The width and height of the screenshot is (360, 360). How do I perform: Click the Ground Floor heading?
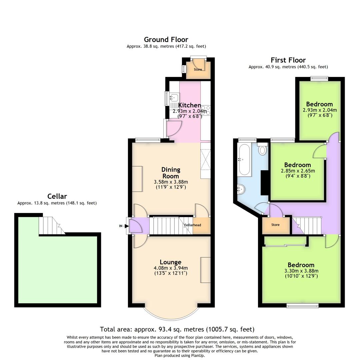coord(166,40)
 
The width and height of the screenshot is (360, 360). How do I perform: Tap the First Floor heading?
coord(288,60)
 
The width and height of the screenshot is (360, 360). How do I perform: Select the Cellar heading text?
coord(57,196)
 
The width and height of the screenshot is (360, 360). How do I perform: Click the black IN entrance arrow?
coord(126,226)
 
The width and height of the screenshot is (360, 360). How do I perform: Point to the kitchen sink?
coord(174,98)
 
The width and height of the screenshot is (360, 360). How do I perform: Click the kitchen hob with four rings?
coord(206,110)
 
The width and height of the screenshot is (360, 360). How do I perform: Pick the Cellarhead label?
coord(192,225)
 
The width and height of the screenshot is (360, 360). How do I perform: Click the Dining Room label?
coord(171,173)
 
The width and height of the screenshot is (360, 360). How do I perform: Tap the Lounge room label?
coord(171,262)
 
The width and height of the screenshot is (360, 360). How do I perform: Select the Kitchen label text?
coord(190,105)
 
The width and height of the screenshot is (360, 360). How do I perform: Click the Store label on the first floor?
coord(275,225)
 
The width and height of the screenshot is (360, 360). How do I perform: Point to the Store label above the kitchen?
coord(198,69)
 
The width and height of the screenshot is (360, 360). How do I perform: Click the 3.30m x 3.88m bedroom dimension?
coord(301,271)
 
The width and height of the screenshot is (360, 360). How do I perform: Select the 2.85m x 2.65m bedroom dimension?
coord(298,171)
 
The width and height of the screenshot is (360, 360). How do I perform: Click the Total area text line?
coord(177,329)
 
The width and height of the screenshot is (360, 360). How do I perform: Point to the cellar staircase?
coord(51,225)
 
